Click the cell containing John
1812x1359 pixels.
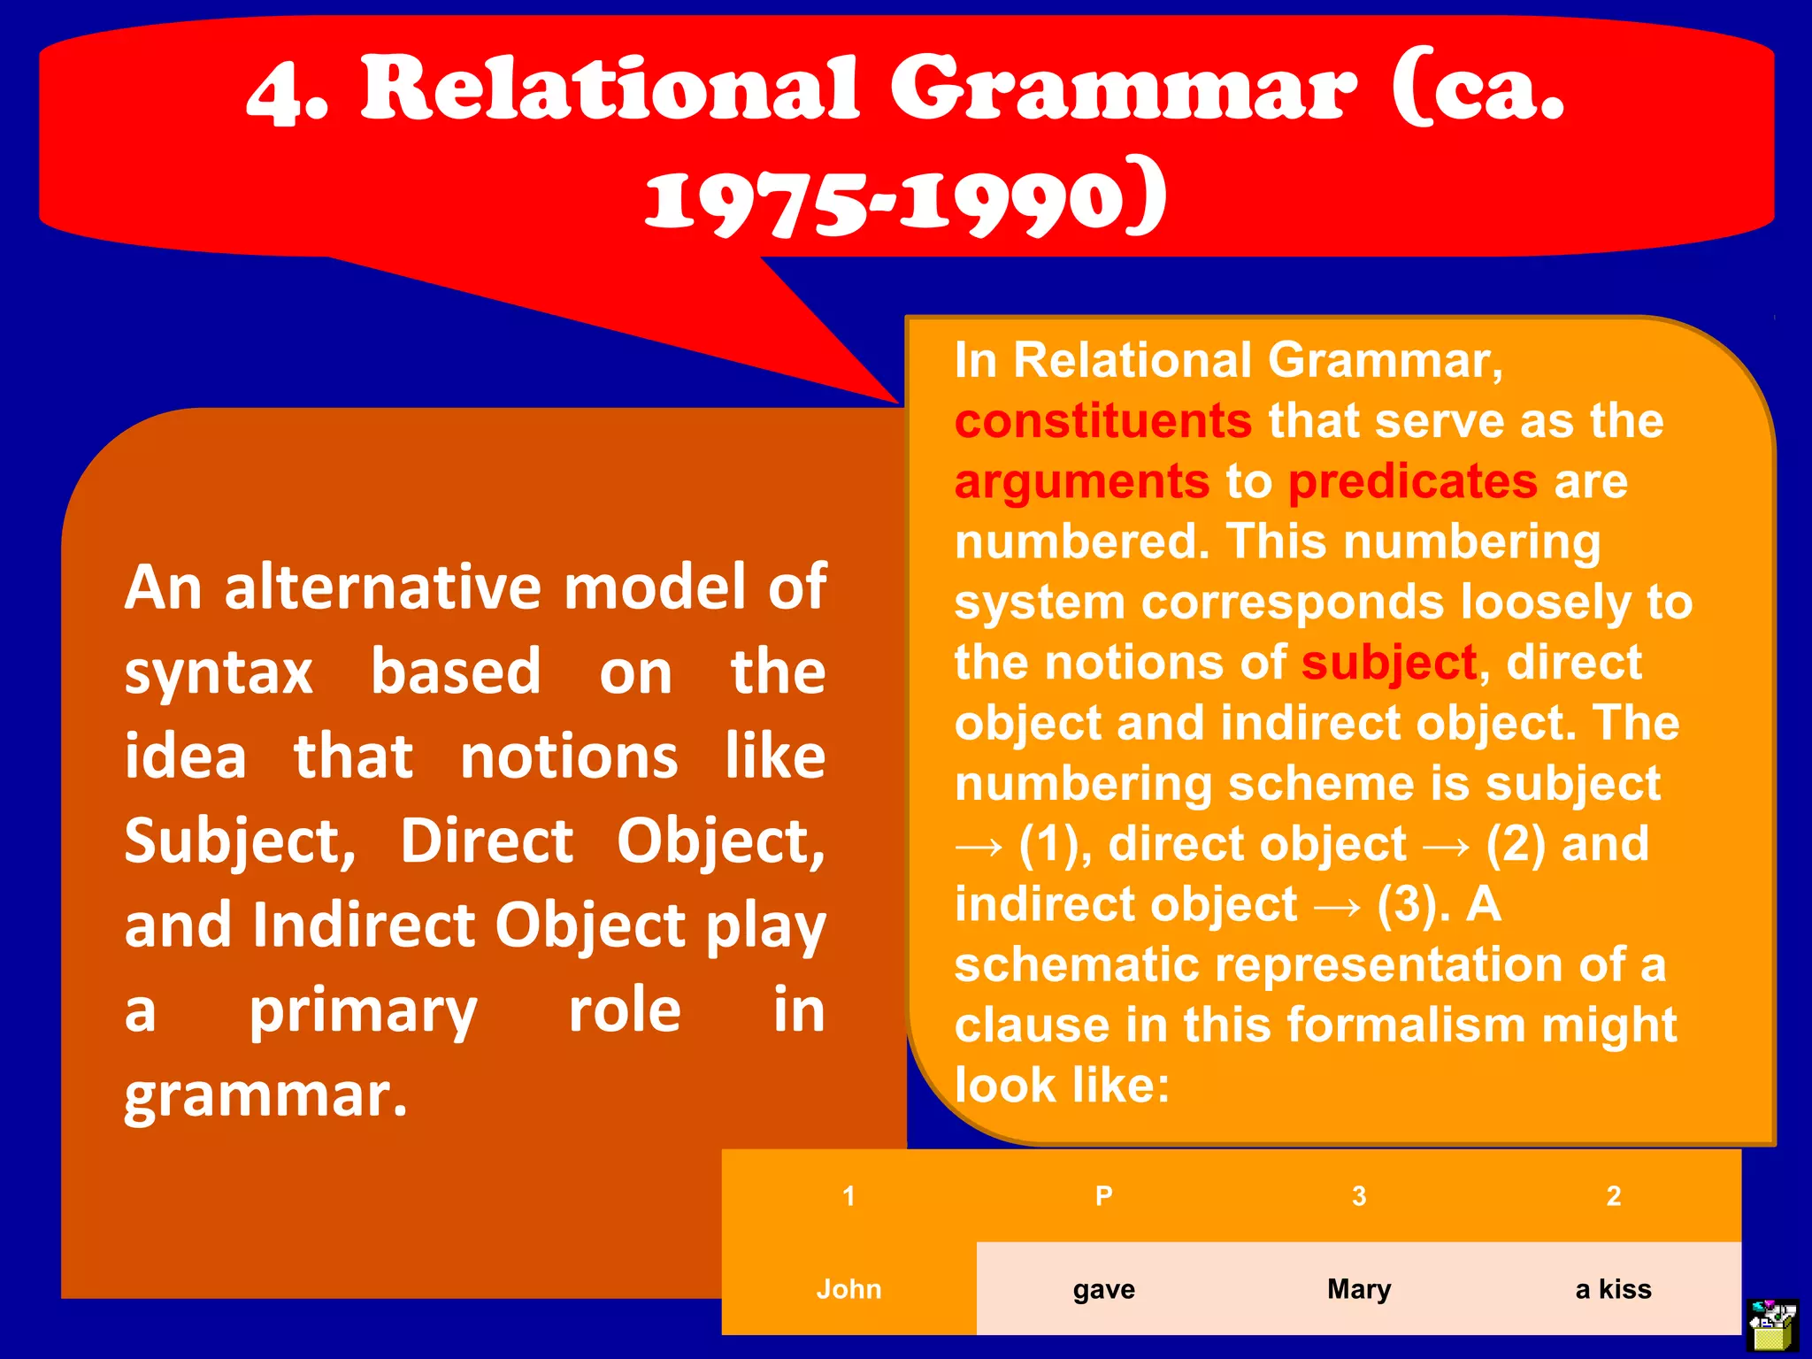click(848, 1289)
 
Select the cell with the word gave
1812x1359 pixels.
click(1103, 1289)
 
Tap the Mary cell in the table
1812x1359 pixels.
click(1359, 1289)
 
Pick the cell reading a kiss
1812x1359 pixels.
click(1613, 1289)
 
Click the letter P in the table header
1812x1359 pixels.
click(1103, 1196)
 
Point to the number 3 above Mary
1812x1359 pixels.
click(1359, 1196)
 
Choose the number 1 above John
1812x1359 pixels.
click(848, 1196)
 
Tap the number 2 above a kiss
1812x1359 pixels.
click(1613, 1196)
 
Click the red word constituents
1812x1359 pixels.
click(1102, 421)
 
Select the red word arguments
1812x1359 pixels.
click(1081, 482)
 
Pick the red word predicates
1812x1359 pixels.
click(1412, 482)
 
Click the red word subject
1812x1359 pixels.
click(1388, 664)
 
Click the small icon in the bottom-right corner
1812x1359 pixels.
click(1772, 1324)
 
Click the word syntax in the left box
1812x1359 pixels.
click(219, 672)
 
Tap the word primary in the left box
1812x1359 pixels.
click(363, 1010)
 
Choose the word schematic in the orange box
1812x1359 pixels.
click(1077, 964)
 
